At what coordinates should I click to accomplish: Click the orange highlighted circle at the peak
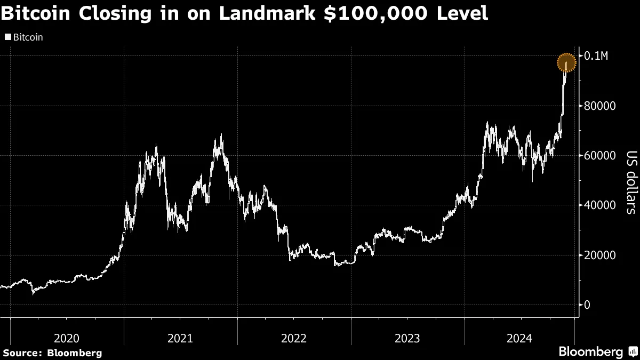(567, 63)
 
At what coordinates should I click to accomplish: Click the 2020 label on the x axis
(67, 338)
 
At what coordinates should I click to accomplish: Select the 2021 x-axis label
(180, 338)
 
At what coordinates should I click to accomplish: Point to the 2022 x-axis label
(294, 338)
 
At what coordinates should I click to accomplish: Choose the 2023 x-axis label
(407, 338)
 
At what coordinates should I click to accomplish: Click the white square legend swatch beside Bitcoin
(7, 38)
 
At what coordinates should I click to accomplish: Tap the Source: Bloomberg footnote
(52, 353)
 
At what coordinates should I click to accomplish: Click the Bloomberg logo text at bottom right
(590, 352)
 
